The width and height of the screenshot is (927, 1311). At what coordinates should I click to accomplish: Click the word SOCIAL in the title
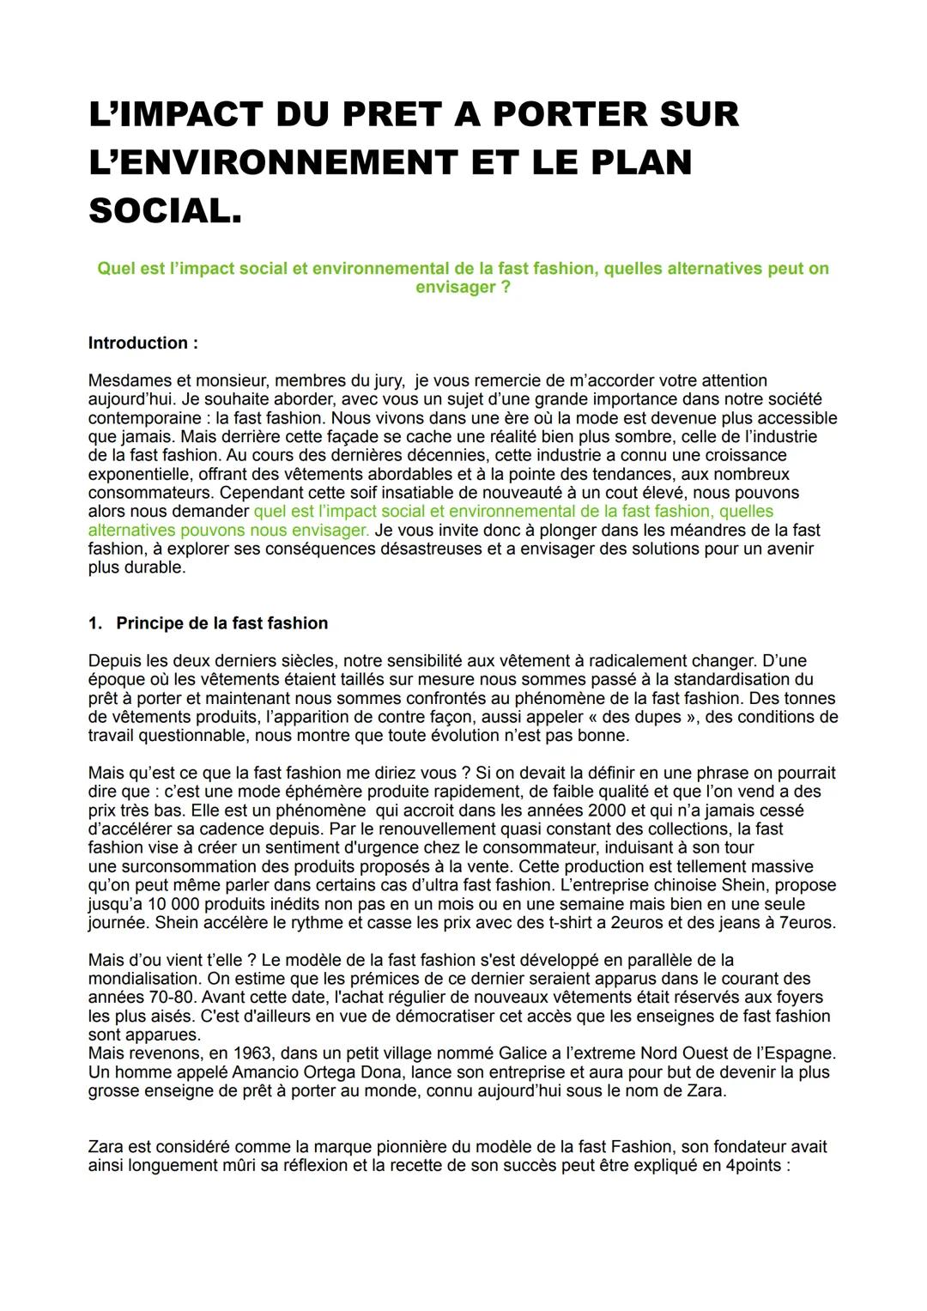[163, 211]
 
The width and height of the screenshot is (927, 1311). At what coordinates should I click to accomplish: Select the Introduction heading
[142, 343]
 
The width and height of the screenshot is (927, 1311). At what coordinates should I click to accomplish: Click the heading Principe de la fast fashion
[221, 623]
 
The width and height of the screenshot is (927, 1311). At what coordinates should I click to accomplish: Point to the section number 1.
[94, 623]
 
